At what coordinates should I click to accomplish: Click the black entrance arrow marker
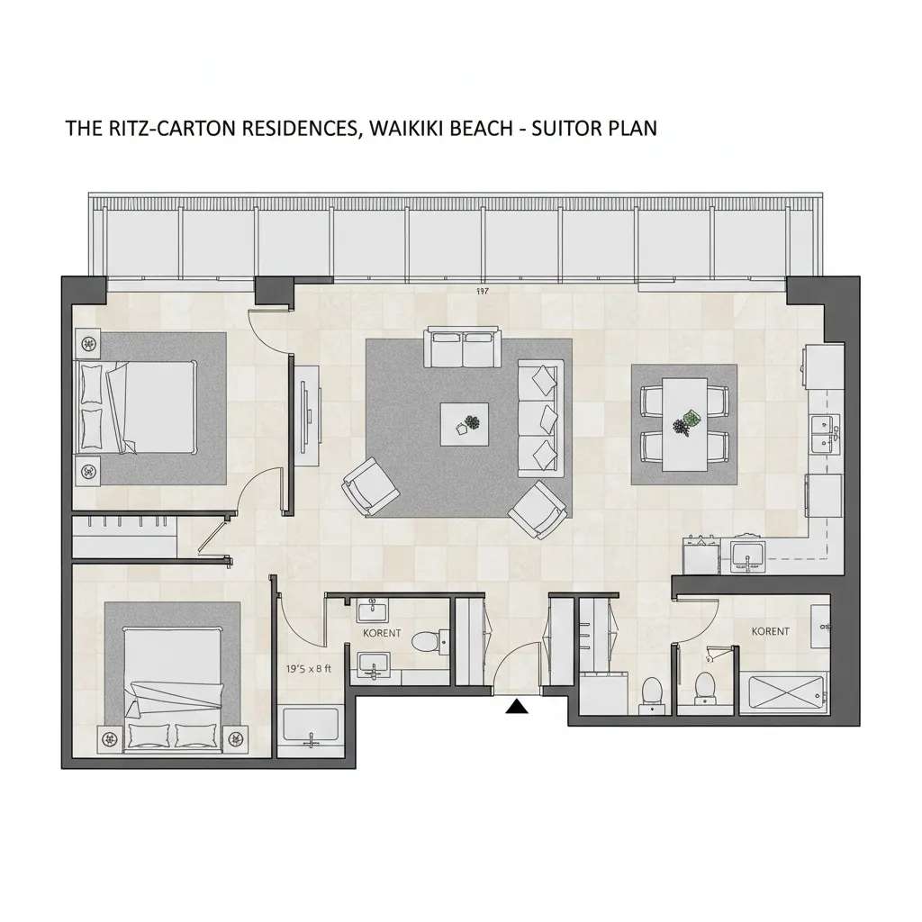pyautogui.click(x=516, y=706)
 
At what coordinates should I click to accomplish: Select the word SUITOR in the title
pyautogui.click(x=565, y=128)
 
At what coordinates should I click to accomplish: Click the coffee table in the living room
pyautogui.click(x=465, y=424)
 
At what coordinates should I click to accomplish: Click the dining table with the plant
pyautogui.click(x=684, y=424)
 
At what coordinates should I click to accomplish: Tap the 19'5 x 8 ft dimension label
pyautogui.click(x=309, y=669)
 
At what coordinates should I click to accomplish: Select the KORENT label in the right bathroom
pyautogui.click(x=771, y=631)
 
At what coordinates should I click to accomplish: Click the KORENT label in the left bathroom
pyautogui.click(x=382, y=633)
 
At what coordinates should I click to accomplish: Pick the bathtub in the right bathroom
pyautogui.click(x=785, y=694)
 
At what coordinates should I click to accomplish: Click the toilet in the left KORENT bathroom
pyautogui.click(x=429, y=640)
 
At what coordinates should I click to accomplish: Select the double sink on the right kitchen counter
pyautogui.click(x=825, y=434)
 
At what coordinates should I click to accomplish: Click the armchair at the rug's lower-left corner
pyautogui.click(x=370, y=486)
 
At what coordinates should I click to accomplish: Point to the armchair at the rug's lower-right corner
pyautogui.click(x=539, y=510)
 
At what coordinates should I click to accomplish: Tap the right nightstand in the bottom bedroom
pyautogui.click(x=237, y=738)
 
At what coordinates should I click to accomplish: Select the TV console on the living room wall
pyautogui.click(x=308, y=416)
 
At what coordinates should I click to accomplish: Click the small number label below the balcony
pyautogui.click(x=483, y=291)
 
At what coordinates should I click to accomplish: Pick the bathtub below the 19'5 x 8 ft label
pyautogui.click(x=311, y=728)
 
